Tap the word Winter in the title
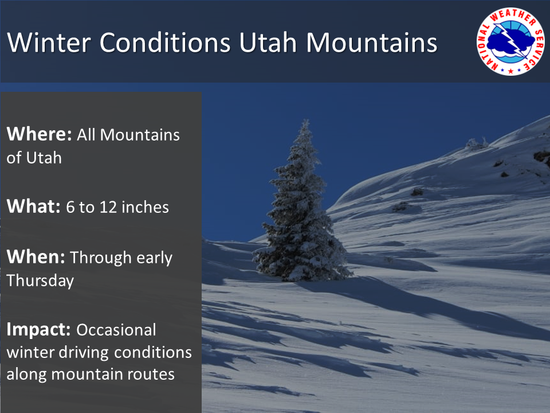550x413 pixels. click(x=49, y=42)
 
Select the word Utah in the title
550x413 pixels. click(x=268, y=42)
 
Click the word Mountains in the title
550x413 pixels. click(x=372, y=42)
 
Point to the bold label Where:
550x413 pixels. click(x=40, y=134)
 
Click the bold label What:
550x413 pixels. click(x=34, y=206)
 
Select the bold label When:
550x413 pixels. click(x=36, y=257)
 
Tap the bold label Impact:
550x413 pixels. click(x=38, y=330)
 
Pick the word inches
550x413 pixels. click(x=145, y=207)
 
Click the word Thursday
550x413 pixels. click(x=40, y=280)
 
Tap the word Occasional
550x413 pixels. click(x=116, y=330)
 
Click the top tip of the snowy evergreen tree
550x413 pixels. click(x=305, y=120)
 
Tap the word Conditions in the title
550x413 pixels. click(x=165, y=42)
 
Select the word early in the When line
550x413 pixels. click(x=154, y=258)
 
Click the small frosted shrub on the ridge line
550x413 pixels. click(x=476, y=143)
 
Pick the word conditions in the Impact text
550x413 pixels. click(x=153, y=353)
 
